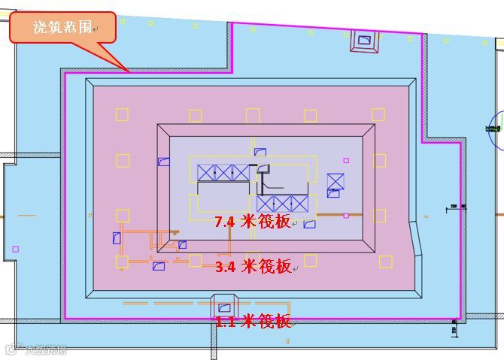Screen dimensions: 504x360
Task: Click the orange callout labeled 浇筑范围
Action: (x=62, y=28)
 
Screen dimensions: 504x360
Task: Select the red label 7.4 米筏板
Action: (x=253, y=222)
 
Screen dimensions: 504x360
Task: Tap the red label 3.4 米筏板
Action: (x=253, y=266)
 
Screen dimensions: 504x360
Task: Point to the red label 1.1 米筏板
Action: (x=253, y=322)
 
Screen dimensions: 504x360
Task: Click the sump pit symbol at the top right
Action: (x=365, y=40)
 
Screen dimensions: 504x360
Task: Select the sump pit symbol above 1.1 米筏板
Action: (x=223, y=307)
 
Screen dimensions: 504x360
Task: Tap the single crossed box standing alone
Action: (x=335, y=181)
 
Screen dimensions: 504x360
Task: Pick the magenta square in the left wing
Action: (x=16, y=249)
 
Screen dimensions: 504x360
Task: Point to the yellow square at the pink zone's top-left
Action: (x=121, y=115)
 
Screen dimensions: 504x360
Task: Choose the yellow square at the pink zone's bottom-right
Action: (x=385, y=262)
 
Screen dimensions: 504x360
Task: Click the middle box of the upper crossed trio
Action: (x=223, y=173)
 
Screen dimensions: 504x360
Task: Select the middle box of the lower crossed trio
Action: (x=282, y=204)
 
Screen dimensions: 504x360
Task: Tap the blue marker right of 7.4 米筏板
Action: (x=309, y=223)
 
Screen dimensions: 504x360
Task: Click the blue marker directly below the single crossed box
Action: (x=332, y=193)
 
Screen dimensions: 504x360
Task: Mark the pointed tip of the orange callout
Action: (x=129, y=71)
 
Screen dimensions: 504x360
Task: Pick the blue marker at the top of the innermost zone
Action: (x=260, y=153)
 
